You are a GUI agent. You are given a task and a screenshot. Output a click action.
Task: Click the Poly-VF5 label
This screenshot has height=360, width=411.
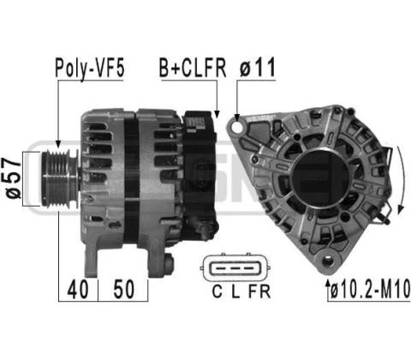click(90, 69)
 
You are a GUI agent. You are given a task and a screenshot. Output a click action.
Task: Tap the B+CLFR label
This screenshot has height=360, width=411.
click(193, 68)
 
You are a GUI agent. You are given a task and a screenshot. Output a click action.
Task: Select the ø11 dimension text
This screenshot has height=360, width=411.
click(257, 67)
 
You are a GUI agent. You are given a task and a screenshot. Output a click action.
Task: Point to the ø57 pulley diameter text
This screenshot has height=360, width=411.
click(13, 177)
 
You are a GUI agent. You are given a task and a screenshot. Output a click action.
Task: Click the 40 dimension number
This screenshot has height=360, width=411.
click(77, 289)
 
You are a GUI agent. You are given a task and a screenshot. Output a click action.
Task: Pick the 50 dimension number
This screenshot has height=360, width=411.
click(123, 289)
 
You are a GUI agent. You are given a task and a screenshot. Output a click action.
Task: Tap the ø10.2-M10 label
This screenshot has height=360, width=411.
click(370, 290)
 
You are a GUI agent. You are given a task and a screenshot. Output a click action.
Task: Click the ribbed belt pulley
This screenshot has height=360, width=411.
click(59, 178)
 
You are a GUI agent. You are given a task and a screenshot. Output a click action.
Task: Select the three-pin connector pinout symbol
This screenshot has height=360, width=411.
click(235, 268)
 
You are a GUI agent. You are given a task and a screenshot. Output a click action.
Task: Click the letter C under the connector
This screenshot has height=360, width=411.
click(217, 291)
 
